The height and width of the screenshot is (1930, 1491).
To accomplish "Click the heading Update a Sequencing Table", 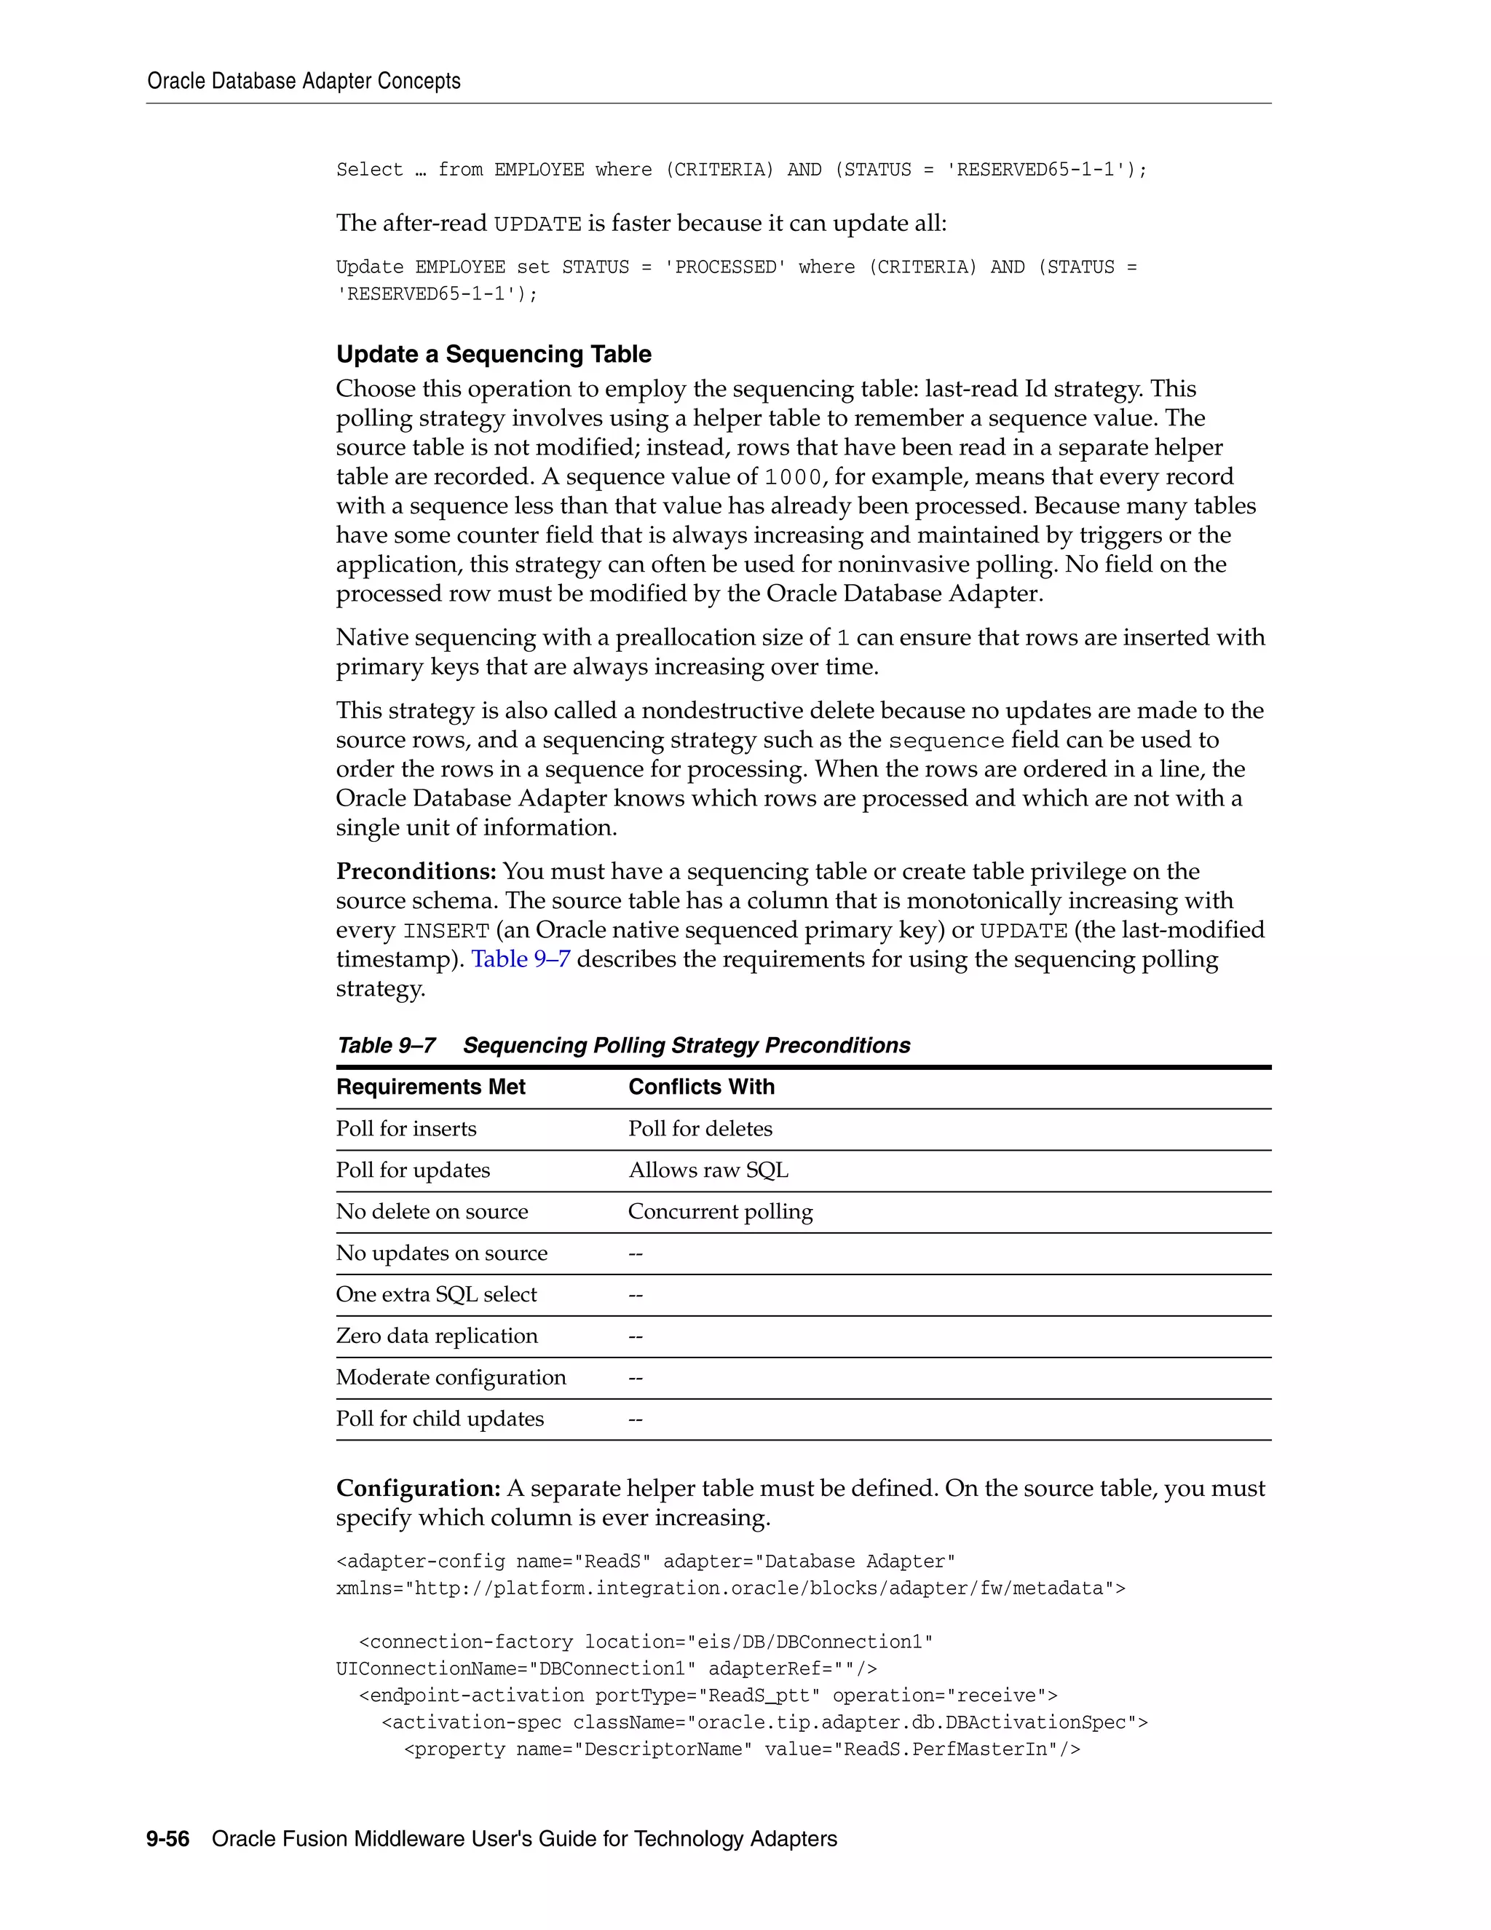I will click(493, 355).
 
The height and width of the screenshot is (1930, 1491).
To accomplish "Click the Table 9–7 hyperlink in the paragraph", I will click(521, 959).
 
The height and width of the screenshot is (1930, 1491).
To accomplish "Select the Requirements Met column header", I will click(430, 1087).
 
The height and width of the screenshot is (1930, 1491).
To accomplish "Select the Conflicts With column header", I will click(700, 1087).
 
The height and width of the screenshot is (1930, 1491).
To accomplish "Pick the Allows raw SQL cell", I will click(708, 1170).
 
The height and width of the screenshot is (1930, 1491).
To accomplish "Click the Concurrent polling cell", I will click(720, 1212).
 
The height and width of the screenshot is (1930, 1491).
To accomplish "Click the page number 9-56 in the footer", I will click(168, 1839).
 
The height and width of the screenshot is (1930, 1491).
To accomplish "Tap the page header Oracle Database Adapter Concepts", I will click(304, 82).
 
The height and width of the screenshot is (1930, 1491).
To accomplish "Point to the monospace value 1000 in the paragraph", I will click(792, 478).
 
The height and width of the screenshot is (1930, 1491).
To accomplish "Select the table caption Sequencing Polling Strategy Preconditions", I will click(687, 1045).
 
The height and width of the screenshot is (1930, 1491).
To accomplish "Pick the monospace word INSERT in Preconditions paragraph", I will click(446, 931).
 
